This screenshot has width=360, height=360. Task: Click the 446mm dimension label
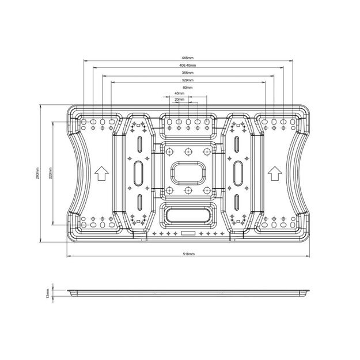[x=187, y=58]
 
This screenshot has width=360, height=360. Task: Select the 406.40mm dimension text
[x=187, y=66]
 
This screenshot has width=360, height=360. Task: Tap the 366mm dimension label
[x=187, y=73]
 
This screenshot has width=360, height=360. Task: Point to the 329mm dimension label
[x=187, y=81]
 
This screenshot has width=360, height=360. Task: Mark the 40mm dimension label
[x=180, y=93]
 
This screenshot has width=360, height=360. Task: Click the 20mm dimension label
[x=180, y=99]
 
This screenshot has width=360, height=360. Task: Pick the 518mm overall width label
[x=188, y=254]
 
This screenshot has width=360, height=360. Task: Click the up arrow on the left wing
[x=101, y=172]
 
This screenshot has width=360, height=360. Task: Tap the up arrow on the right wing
[x=274, y=172]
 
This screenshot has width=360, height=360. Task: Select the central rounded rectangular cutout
[x=188, y=172]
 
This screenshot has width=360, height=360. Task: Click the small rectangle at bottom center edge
[x=188, y=234]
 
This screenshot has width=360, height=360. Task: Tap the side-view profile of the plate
[x=188, y=292]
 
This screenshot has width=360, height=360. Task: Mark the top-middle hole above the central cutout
[x=188, y=151]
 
